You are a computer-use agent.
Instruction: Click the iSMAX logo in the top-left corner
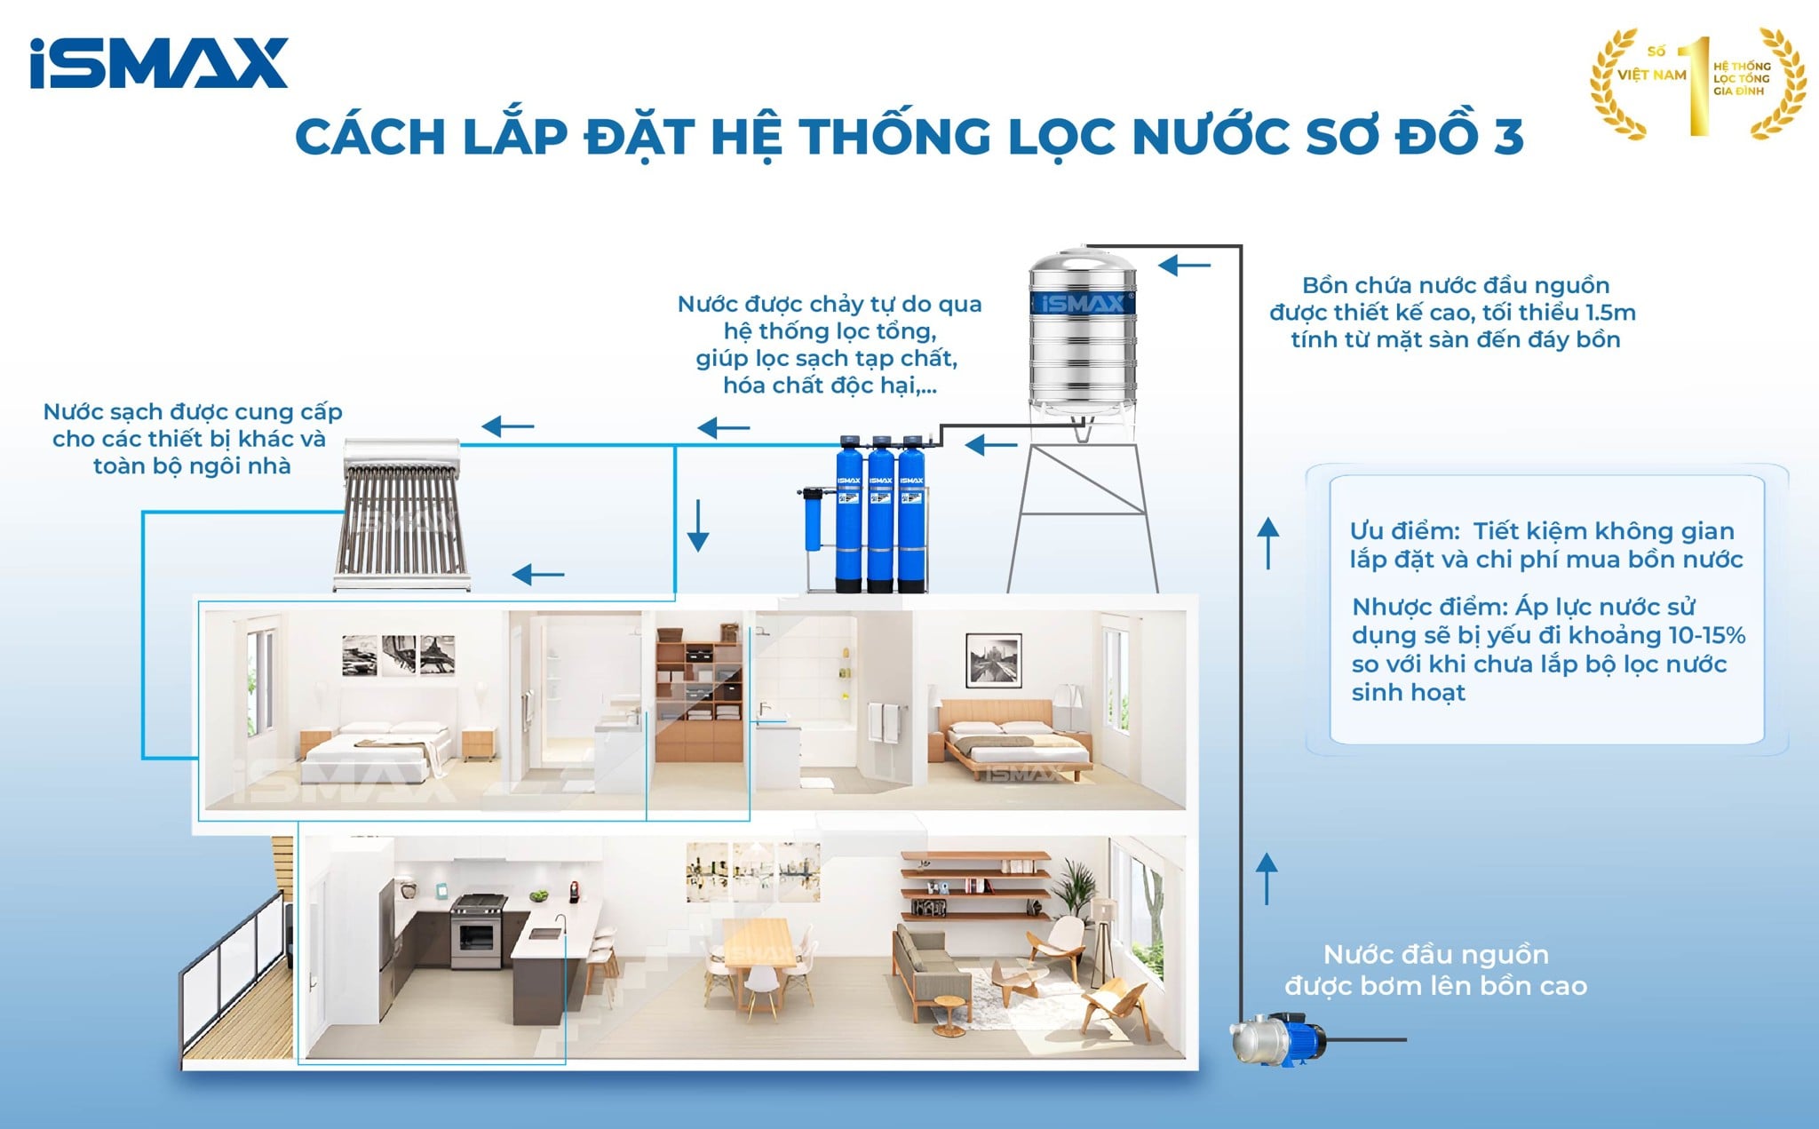pyautogui.click(x=158, y=63)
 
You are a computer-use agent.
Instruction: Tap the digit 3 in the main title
pyautogui.click(x=1507, y=137)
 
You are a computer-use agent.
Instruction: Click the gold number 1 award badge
pyautogui.click(x=1697, y=83)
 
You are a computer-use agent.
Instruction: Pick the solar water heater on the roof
pyautogui.click(x=402, y=514)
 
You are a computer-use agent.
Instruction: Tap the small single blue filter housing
pyautogui.click(x=812, y=519)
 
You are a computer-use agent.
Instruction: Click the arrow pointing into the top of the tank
pyautogui.click(x=1184, y=265)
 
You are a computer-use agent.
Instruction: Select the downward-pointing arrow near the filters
pyautogui.click(x=698, y=526)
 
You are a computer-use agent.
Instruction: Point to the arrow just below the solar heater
pyautogui.click(x=538, y=575)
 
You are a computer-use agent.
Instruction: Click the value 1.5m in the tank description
pyautogui.click(x=1609, y=313)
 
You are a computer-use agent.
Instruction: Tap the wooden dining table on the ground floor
pyautogui.click(x=758, y=941)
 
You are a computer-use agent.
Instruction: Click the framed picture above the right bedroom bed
pyautogui.click(x=993, y=660)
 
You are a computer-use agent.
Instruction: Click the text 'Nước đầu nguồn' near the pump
pyautogui.click(x=1435, y=955)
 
